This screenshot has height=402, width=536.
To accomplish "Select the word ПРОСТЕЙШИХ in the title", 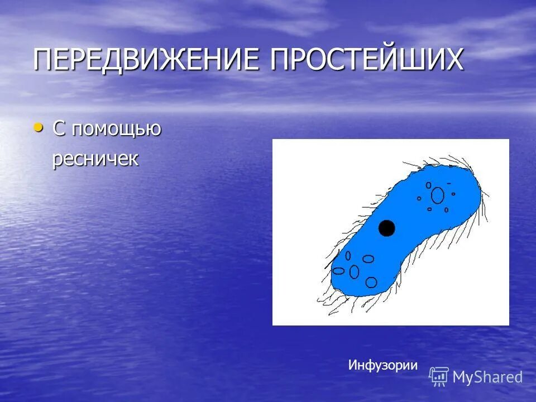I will pos(367,60).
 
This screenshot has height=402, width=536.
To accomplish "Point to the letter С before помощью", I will pos(59,128).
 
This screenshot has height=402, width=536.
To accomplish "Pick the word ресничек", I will pos(95,159).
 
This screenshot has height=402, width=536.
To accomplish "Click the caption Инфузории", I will pos(383,365).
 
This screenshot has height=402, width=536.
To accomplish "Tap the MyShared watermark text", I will pos(487,377).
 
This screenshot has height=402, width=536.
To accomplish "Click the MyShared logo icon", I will pos(439,377).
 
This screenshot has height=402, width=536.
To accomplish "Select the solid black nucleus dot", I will pos(386,228).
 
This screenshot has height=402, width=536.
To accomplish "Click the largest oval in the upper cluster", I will pos(438,195).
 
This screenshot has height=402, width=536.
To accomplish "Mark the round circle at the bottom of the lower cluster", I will pos(371,282).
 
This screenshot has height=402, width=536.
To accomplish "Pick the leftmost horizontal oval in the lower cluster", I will pos(338,271).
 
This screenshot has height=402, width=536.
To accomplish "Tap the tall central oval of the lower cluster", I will pos(354,271).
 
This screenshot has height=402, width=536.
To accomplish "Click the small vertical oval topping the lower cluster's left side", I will pos(348,256).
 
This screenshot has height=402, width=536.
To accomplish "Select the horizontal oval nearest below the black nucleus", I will pos(368,259).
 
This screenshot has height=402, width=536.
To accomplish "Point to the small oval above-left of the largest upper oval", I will pos(428,185).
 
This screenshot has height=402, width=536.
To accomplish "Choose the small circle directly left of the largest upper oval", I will pos(419,198).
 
